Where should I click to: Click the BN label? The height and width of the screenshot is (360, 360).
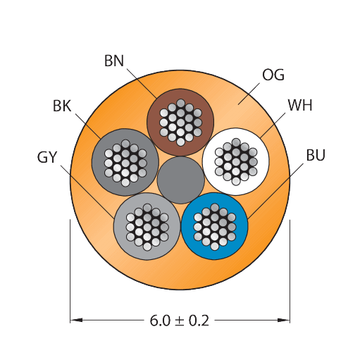[x=114, y=61]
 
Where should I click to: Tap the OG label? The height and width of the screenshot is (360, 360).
[x=273, y=75]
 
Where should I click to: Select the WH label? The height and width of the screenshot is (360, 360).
[x=300, y=105]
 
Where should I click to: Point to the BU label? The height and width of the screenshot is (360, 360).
[x=316, y=155]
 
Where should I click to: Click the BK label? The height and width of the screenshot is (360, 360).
[x=62, y=106]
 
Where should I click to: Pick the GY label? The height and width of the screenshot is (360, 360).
[x=47, y=157]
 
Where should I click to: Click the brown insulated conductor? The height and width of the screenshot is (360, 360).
[x=180, y=122]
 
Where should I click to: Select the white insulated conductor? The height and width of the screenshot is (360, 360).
[x=236, y=161]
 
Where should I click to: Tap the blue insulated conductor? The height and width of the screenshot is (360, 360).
[x=214, y=226]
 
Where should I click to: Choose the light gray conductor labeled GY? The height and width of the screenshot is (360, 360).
[x=147, y=227]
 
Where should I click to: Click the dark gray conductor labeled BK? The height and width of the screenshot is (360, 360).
[x=125, y=162]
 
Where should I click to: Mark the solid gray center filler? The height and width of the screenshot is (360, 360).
[x=180, y=180]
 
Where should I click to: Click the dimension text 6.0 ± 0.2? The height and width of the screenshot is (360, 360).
[x=180, y=321]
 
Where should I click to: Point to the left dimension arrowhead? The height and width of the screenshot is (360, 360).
[x=76, y=320]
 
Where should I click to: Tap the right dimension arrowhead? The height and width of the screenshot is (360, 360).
[x=284, y=320]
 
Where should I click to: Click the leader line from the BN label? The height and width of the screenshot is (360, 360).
[x=142, y=83]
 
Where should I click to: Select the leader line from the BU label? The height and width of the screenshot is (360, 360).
[x=275, y=192]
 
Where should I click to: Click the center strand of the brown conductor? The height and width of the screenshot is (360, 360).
[x=180, y=122]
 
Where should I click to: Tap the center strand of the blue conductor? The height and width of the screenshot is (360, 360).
[x=214, y=227]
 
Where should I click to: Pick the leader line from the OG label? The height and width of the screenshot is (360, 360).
[x=249, y=94]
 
